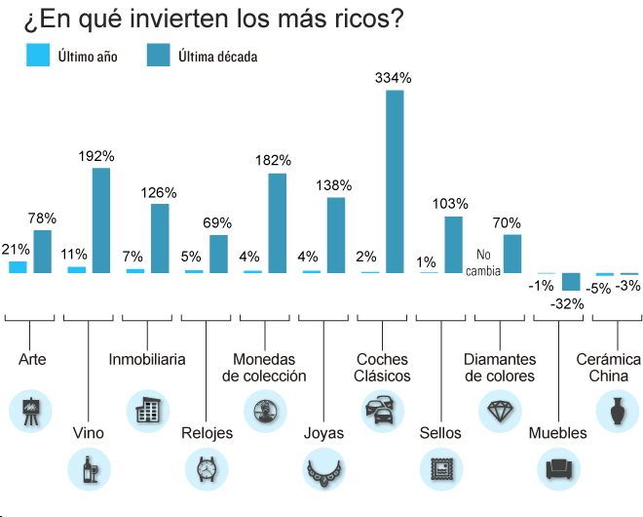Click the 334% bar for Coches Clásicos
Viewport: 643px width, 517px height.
tap(395, 181)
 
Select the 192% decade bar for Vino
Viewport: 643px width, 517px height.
tap(101, 220)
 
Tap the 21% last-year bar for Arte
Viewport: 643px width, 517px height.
tap(18, 266)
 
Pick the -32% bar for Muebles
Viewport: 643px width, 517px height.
tap(571, 283)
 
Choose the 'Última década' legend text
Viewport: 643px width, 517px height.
tap(218, 57)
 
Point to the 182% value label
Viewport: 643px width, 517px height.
tap(273, 160)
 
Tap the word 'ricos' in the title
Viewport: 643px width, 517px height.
tap(369, 20)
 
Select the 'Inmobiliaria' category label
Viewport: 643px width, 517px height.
tap(147, 359)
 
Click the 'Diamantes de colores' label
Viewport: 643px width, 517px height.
tap(500, 367)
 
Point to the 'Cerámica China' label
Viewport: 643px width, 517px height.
tap(609, 367)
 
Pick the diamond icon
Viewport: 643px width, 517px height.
tap(500, 410)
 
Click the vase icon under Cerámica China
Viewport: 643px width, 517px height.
tap(617, 410)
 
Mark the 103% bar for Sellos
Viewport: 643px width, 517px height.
tap(453, 244)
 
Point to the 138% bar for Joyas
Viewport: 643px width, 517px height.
tap(336, 235)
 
